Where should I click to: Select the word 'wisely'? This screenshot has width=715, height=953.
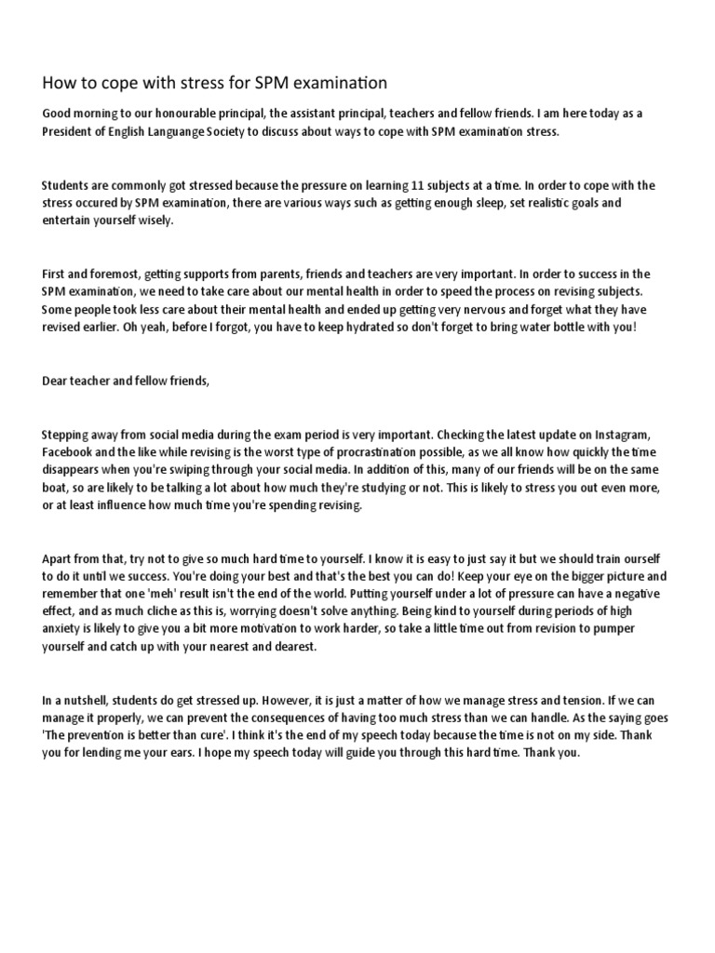[x=154, y=221]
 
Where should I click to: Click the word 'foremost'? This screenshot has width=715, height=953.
[x=118, y=274]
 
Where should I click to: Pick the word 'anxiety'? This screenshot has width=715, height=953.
[x=65, y=628]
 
